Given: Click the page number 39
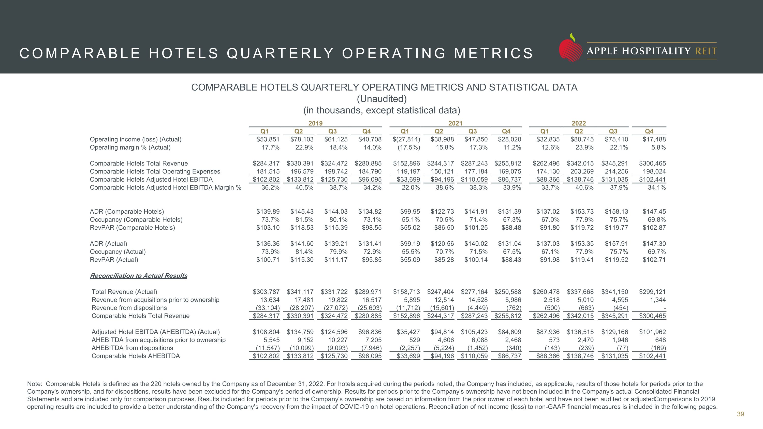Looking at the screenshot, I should tap(740, 414).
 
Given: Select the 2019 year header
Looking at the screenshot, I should tap(315, 123).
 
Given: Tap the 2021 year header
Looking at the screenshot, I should tap(455, 123).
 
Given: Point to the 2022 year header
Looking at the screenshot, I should tap(579, 123).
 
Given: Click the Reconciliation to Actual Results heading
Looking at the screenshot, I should tap(139, 276).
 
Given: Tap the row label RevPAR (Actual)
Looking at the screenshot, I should tap(114, 260).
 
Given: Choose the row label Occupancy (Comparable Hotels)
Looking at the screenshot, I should tap(136, 220).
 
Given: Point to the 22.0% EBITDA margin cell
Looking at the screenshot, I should tap(410, 188).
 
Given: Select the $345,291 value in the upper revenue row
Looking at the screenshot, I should tap(615, 164).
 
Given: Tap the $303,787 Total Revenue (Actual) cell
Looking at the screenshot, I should tap(266, 292).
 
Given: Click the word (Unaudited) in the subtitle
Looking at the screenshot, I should tap(382, 99).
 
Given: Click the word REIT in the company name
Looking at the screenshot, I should tap(706, 51).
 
